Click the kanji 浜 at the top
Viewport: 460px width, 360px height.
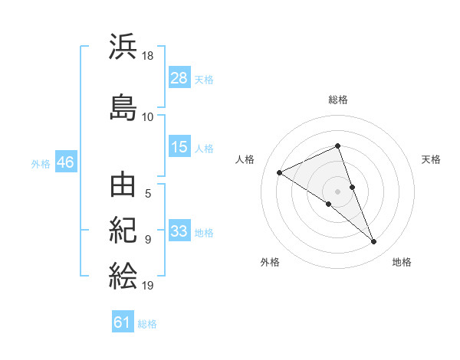[123, 47]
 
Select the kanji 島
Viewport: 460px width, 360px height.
[123, 106]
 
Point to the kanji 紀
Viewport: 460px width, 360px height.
[123, 230]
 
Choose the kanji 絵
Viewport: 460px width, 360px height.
[123, 274]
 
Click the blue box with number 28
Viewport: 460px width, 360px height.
[179, 78]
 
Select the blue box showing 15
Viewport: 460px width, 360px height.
[179, 147]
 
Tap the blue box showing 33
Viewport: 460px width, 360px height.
[179, 231]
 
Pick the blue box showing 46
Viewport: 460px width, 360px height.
[65, 163]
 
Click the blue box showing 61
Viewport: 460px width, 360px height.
[123, 322]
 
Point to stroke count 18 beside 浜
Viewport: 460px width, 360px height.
[148, 56]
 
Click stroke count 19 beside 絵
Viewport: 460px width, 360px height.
[148, 286]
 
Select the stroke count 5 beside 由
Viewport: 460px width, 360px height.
[148, 193]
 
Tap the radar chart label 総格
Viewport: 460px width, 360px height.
[338, 100]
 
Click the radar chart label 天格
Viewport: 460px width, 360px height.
[432, 159]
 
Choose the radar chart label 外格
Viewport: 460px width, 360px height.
[270, 262]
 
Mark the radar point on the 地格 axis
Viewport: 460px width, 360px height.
[374, 242]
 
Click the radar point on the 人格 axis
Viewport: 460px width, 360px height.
[280, 172]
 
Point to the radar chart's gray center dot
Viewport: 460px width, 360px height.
[338, 191]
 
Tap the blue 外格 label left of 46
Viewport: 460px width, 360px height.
[41, 163]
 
